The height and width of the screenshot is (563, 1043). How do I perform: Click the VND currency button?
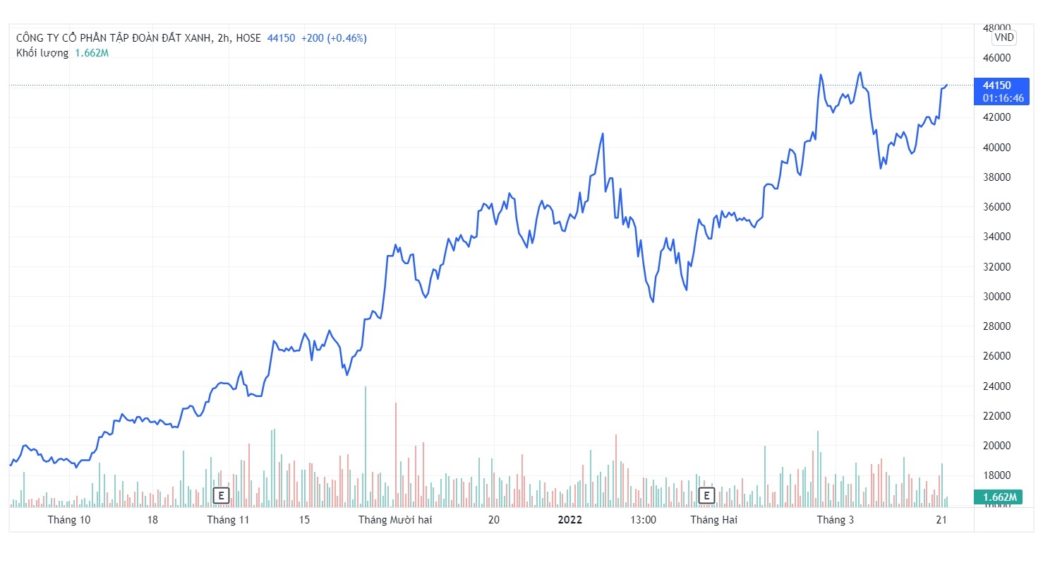(x=1003, y=37)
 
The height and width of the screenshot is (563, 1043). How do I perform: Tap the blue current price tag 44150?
(x=996, y=85)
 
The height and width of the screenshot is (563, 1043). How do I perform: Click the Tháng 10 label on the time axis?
(x=69, y=520)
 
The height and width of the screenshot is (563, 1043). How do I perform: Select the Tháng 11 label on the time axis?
(x=229, y=520)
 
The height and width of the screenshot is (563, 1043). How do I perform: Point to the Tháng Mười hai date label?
(x=395, y=520)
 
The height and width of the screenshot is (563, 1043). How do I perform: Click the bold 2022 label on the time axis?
(x=570, y=520)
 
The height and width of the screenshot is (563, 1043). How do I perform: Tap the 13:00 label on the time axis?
(x=644, y=520)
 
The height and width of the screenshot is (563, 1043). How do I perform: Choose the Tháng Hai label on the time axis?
(x=713, y=520)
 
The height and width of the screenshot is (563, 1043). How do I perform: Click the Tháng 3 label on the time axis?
(x=836, y=520)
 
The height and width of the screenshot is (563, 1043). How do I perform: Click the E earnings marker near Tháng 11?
(x=221, y=495)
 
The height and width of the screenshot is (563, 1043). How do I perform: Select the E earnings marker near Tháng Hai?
(x=705, y=495)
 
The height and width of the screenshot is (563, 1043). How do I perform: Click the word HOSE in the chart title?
(x=248, y=38)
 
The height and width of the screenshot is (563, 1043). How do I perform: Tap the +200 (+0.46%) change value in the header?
(x=334, y=38)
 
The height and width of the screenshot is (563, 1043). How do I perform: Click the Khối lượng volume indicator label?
(x=42, y=53)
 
